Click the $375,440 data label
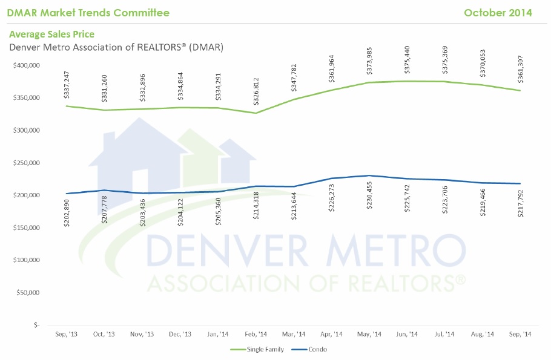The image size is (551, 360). [406, 61]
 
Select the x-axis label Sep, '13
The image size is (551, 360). [66, 334]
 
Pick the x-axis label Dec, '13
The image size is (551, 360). [179, 334]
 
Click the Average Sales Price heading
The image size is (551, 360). [51, 34]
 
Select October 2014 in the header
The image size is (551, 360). [498, 13]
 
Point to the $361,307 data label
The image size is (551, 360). [520, 70]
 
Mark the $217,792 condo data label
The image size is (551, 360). [520, 204]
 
